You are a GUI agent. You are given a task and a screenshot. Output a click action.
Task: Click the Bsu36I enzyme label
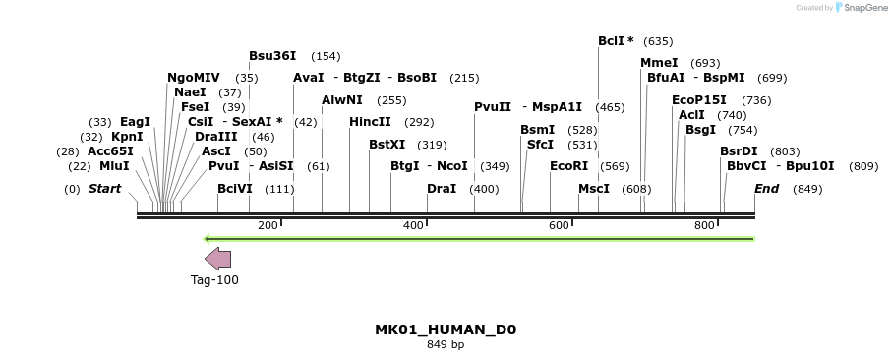272,56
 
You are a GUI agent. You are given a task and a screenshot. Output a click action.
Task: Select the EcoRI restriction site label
568,166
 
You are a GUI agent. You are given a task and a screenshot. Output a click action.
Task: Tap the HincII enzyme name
370,122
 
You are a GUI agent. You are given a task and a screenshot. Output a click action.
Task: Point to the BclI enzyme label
616,41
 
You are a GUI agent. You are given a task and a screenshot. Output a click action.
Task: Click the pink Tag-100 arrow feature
218,259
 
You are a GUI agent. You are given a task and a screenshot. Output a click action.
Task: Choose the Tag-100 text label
214,280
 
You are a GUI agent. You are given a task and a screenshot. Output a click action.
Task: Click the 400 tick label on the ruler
413,226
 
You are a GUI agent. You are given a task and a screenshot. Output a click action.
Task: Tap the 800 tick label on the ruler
704,226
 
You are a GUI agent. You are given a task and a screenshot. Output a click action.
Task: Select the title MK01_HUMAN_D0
446,330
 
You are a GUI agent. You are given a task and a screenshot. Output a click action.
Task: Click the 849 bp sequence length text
446,345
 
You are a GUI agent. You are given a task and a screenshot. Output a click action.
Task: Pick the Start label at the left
106,188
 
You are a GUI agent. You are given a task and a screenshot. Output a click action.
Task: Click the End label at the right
766,188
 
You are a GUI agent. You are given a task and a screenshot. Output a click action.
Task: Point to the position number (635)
658,41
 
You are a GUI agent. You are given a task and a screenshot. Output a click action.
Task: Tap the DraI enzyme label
442,188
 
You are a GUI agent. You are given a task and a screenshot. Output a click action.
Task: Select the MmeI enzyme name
659,63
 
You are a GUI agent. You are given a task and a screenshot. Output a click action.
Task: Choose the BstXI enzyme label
387,145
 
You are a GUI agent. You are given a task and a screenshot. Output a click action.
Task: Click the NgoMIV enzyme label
194,78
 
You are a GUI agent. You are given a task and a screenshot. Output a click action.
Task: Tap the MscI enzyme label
593,188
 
